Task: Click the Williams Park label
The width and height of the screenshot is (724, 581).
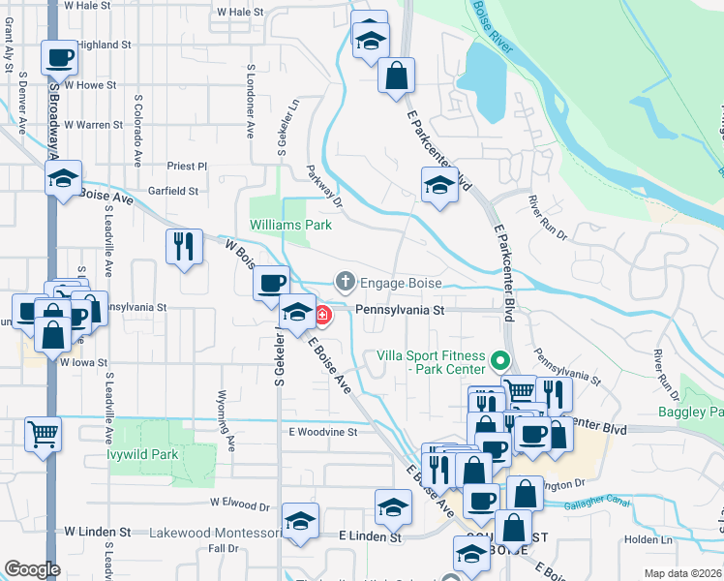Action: [x=290, y=225]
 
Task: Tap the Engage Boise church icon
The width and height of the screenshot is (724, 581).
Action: [x=345, y=282]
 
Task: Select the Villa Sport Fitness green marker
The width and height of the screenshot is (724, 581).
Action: [x=499, y=362]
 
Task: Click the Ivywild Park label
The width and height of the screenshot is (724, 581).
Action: [x=143, y=454]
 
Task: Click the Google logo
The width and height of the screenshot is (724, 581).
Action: [x=32, y=569]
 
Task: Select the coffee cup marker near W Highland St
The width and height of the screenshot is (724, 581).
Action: [x=59, y=56]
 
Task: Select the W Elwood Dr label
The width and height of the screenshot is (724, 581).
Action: [x=239, y=505]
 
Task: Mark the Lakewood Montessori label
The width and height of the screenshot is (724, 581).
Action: [x=215, y=533]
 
